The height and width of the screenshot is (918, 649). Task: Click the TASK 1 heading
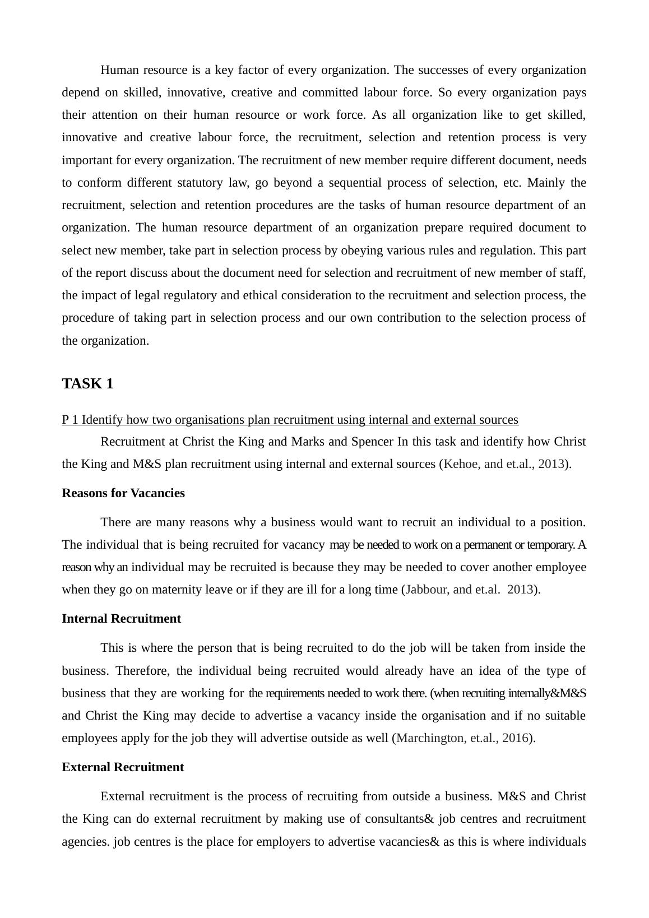point(87,384)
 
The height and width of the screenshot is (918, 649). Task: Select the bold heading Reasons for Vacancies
point(123,493)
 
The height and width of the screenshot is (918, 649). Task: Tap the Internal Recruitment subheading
point(121,619)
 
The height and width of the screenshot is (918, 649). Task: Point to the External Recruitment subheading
point(123,767)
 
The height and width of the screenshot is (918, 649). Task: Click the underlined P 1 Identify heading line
point(290,420)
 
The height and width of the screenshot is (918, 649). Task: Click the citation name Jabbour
point(425,590)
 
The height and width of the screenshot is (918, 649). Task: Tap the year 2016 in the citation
point(515,738)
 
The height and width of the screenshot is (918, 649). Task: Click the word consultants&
point(399,819)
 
